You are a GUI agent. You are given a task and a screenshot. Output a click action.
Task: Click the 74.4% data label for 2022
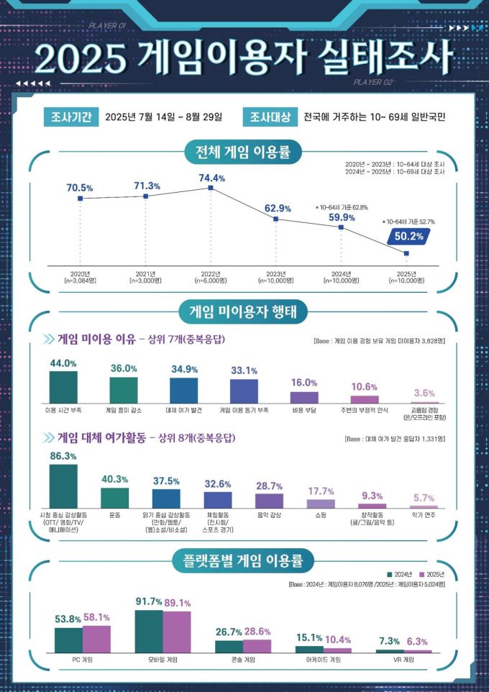pos(211,178)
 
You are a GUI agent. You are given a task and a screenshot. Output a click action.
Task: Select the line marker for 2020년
pos(80,198)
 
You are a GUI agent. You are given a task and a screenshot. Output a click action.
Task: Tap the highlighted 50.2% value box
pos(417,235)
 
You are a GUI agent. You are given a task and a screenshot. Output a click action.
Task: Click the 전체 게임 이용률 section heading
pos(244,152)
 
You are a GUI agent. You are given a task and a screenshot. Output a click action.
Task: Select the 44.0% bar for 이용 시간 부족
pos(63,387)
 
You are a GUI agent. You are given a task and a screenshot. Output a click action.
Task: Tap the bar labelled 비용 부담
pos(304,397)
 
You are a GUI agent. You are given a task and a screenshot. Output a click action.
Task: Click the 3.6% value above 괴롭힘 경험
pos(425,393)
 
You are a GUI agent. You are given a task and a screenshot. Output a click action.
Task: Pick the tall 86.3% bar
pos(63,486)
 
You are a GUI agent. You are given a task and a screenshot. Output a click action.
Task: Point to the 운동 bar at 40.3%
pos(114,498)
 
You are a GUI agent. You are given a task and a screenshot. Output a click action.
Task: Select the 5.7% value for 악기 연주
pos(423,498)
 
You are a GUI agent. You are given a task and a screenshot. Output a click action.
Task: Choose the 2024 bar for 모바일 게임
pos(149,631)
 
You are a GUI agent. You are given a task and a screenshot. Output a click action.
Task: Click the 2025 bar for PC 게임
pos(96,639)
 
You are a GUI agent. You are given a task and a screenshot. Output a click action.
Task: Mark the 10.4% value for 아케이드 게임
pos(338,639)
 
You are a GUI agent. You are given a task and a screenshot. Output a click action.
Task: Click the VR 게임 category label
pos(403,659)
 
